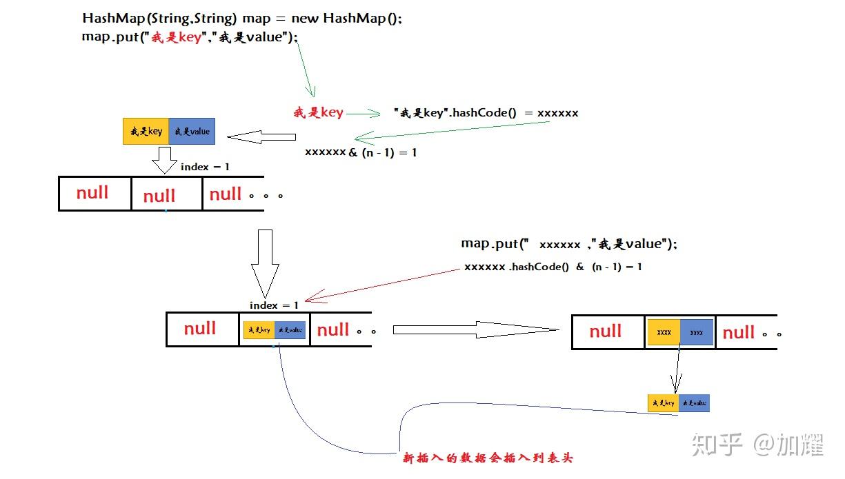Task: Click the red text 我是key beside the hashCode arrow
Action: pos(318,112)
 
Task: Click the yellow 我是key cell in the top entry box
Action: pos(146,131)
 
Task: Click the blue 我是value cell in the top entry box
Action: pos(192,131)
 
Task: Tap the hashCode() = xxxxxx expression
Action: pos(486,112)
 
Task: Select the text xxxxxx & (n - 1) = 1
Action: pos(361,152)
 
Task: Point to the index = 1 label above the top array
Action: pos(205,167)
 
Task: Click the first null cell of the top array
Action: pos(93,193)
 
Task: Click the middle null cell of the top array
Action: pos(159,196)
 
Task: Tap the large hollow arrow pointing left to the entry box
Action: pos(261,138)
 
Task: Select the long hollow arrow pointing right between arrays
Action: pos(475,330)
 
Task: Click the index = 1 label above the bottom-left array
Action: pos(274,305)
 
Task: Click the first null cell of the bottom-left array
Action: pos(201,329)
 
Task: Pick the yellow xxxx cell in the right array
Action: pos(664,332)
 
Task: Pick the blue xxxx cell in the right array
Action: pos(697,332)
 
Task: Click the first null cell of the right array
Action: pos(606,332)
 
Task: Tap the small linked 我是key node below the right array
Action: pos(663,403)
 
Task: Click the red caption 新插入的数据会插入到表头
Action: pos(488,458)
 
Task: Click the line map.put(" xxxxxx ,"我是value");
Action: pos(569,244)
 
